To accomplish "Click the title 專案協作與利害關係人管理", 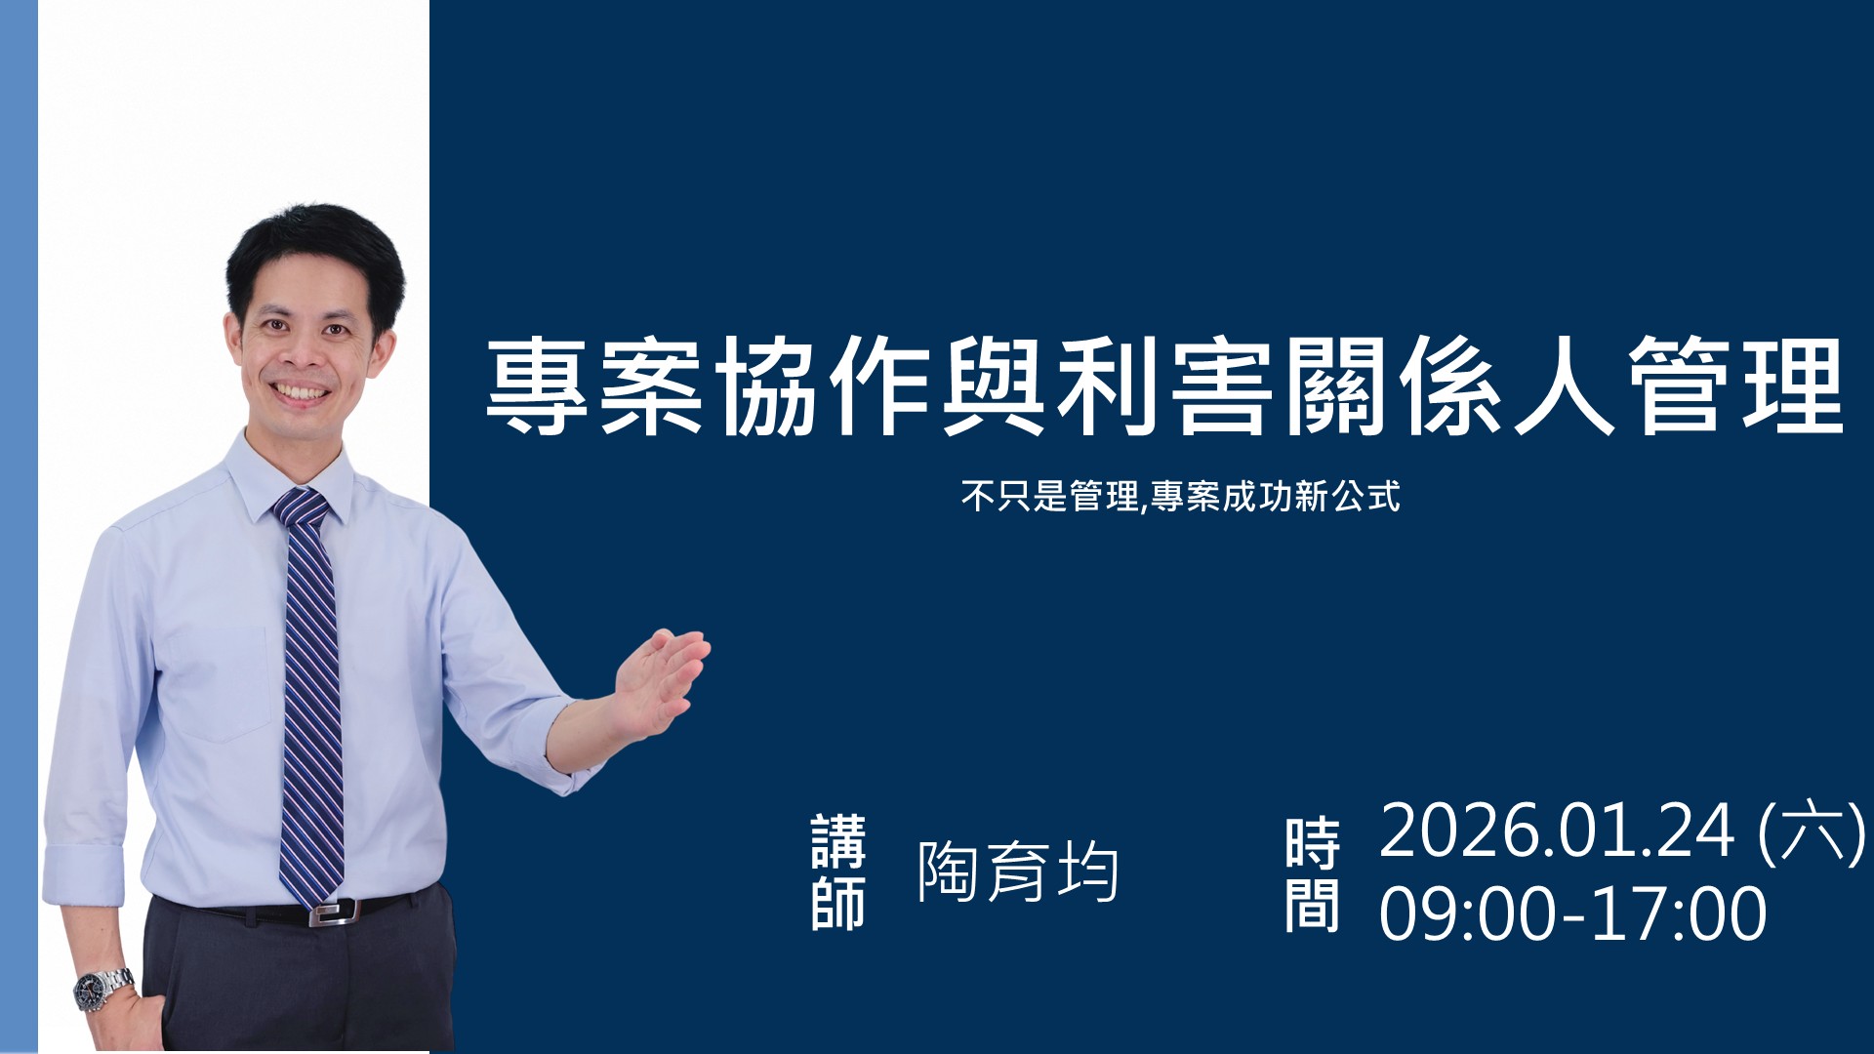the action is (x=1164, y=386).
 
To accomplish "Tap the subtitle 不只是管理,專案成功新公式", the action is (x=1180, y=497).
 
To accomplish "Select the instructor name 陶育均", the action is (x=1018, y=871).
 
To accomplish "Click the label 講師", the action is (x=838, y=872).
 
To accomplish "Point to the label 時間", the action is (x=1312, y=875).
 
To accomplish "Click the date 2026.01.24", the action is (x=1557, y=831).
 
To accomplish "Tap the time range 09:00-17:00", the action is (x=1572, y=913).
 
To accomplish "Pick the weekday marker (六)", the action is (x=1812, y=832).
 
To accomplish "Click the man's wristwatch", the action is (x=104, y=988).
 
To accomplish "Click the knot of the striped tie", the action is (x=301, y=507).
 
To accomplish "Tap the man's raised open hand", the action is (x=659, y=681).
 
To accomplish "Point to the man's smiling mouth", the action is (x=302, y=393).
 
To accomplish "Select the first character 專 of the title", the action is (x=537, y=386).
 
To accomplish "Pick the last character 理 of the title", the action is (x=1793, y=386).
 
